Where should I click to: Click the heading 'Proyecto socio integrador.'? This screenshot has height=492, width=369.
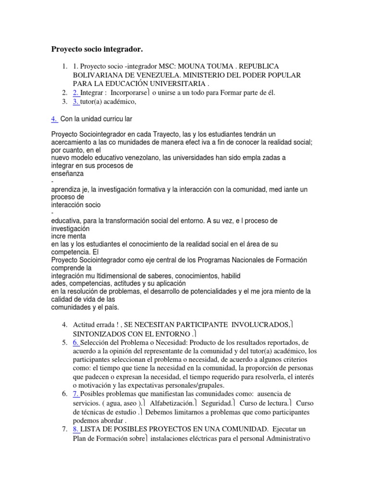point(98,49)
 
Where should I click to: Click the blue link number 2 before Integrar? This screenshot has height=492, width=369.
point(75,93)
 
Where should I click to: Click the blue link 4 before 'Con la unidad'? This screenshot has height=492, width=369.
point(54,119)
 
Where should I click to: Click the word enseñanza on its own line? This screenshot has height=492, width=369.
point(67,173)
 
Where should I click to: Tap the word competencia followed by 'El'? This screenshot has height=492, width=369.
point(70,251)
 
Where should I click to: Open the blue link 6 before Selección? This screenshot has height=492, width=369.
point(76,343)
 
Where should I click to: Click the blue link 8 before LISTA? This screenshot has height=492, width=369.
point(76,429)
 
